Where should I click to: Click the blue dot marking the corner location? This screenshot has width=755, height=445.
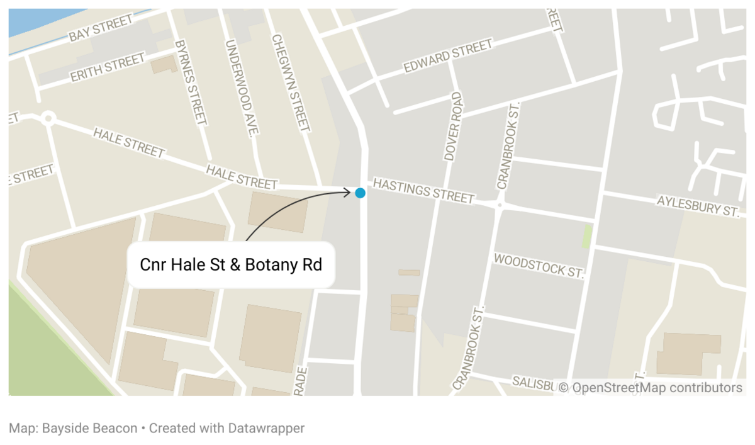360,193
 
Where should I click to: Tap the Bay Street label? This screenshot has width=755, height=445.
101,29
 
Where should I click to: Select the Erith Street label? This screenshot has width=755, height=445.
107,68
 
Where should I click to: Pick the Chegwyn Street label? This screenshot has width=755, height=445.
290,82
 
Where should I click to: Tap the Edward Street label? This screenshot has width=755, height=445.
448,57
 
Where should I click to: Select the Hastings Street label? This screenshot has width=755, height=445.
423,191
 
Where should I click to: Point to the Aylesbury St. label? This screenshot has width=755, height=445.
697,205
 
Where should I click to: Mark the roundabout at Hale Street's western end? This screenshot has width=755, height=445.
48,118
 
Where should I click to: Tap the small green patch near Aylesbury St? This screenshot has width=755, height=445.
587,236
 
